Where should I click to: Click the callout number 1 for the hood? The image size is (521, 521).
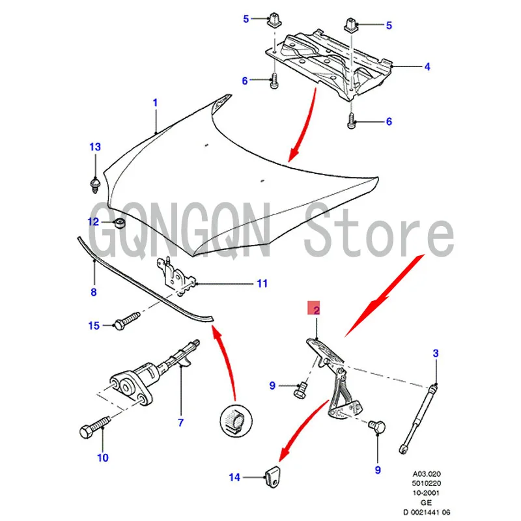155,103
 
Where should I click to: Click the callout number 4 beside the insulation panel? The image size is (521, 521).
428,66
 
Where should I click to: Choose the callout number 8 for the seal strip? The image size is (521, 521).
93,292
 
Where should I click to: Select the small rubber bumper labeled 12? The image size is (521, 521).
119,224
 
